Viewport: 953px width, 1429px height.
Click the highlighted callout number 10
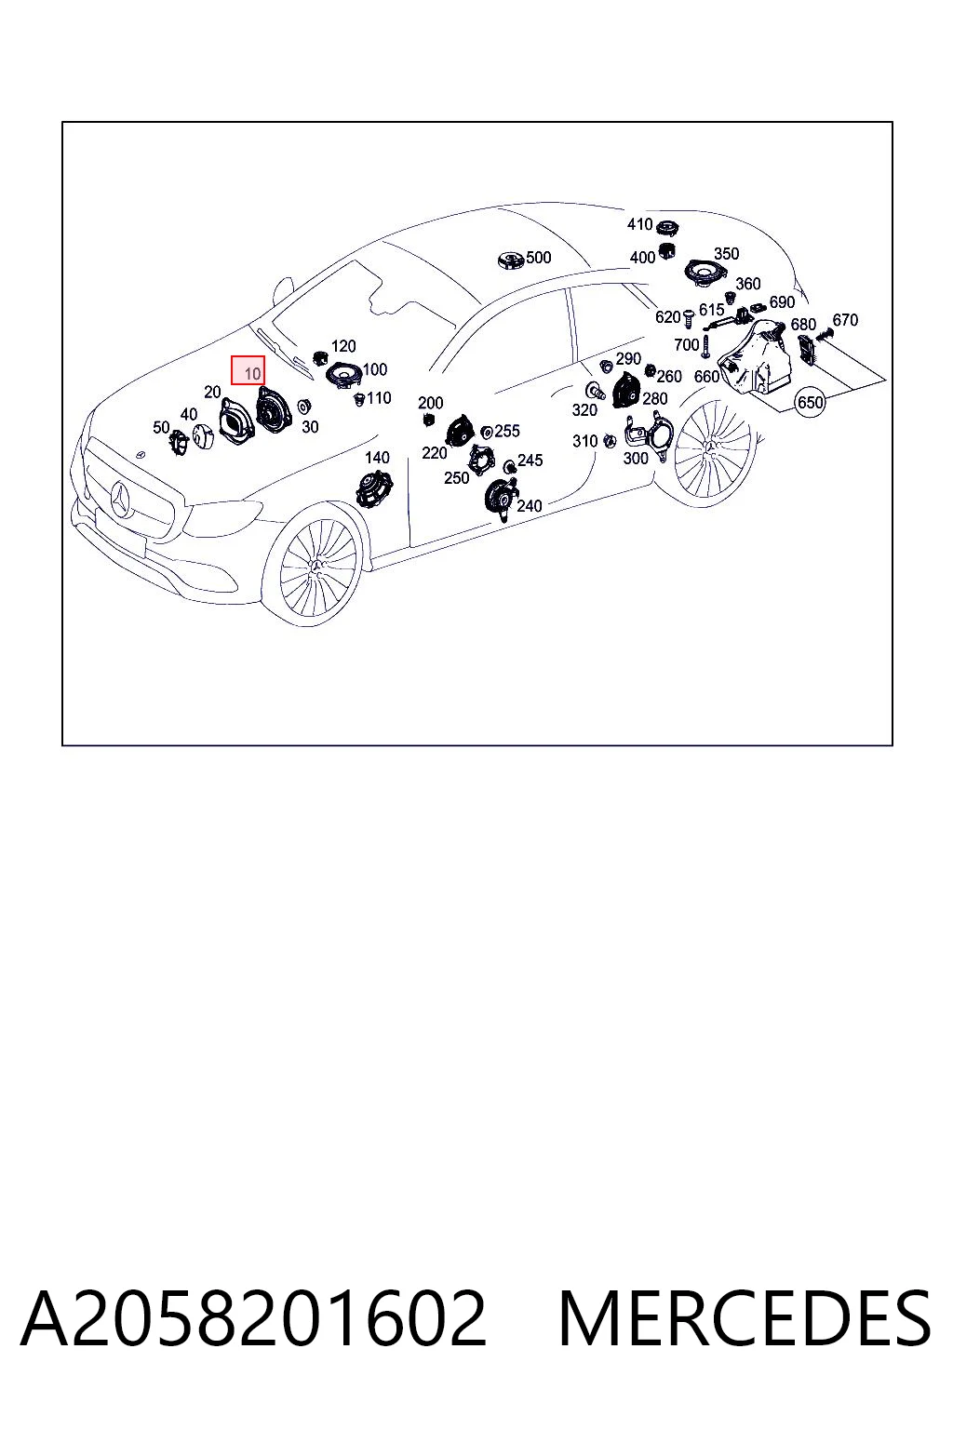pyautogui.click(x=248, y=370)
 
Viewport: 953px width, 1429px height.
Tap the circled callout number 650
pyautogui.click(x=810, y=403)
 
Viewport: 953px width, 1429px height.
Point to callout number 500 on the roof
pyautogui.click(x=538, y=258)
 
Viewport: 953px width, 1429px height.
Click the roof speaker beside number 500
pyautogui.click(x=511, y=260)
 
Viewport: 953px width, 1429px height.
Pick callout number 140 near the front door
pyautogui.click(x=377, y=458)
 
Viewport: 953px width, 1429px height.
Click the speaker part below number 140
pyautogui.click(x=374, y=488)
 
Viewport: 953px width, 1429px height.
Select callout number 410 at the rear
pyautogui.click(x=639, y=224)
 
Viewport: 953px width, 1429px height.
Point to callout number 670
pyautogui.click(x=845, y=320)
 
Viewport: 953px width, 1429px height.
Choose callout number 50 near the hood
pyautogui.click(x=161, y=427)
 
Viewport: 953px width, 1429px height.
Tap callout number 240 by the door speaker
pyautogui.click(x=530, y=506)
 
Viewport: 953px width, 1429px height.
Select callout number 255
pyautogui.click(x=507, y=432)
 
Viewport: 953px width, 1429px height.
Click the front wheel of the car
pyautogui.click(x=318, y=563)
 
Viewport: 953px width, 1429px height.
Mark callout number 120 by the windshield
pyautogui.click(x=343, y=346)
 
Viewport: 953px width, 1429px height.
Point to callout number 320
pyautogui.click(x=584, y=409)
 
